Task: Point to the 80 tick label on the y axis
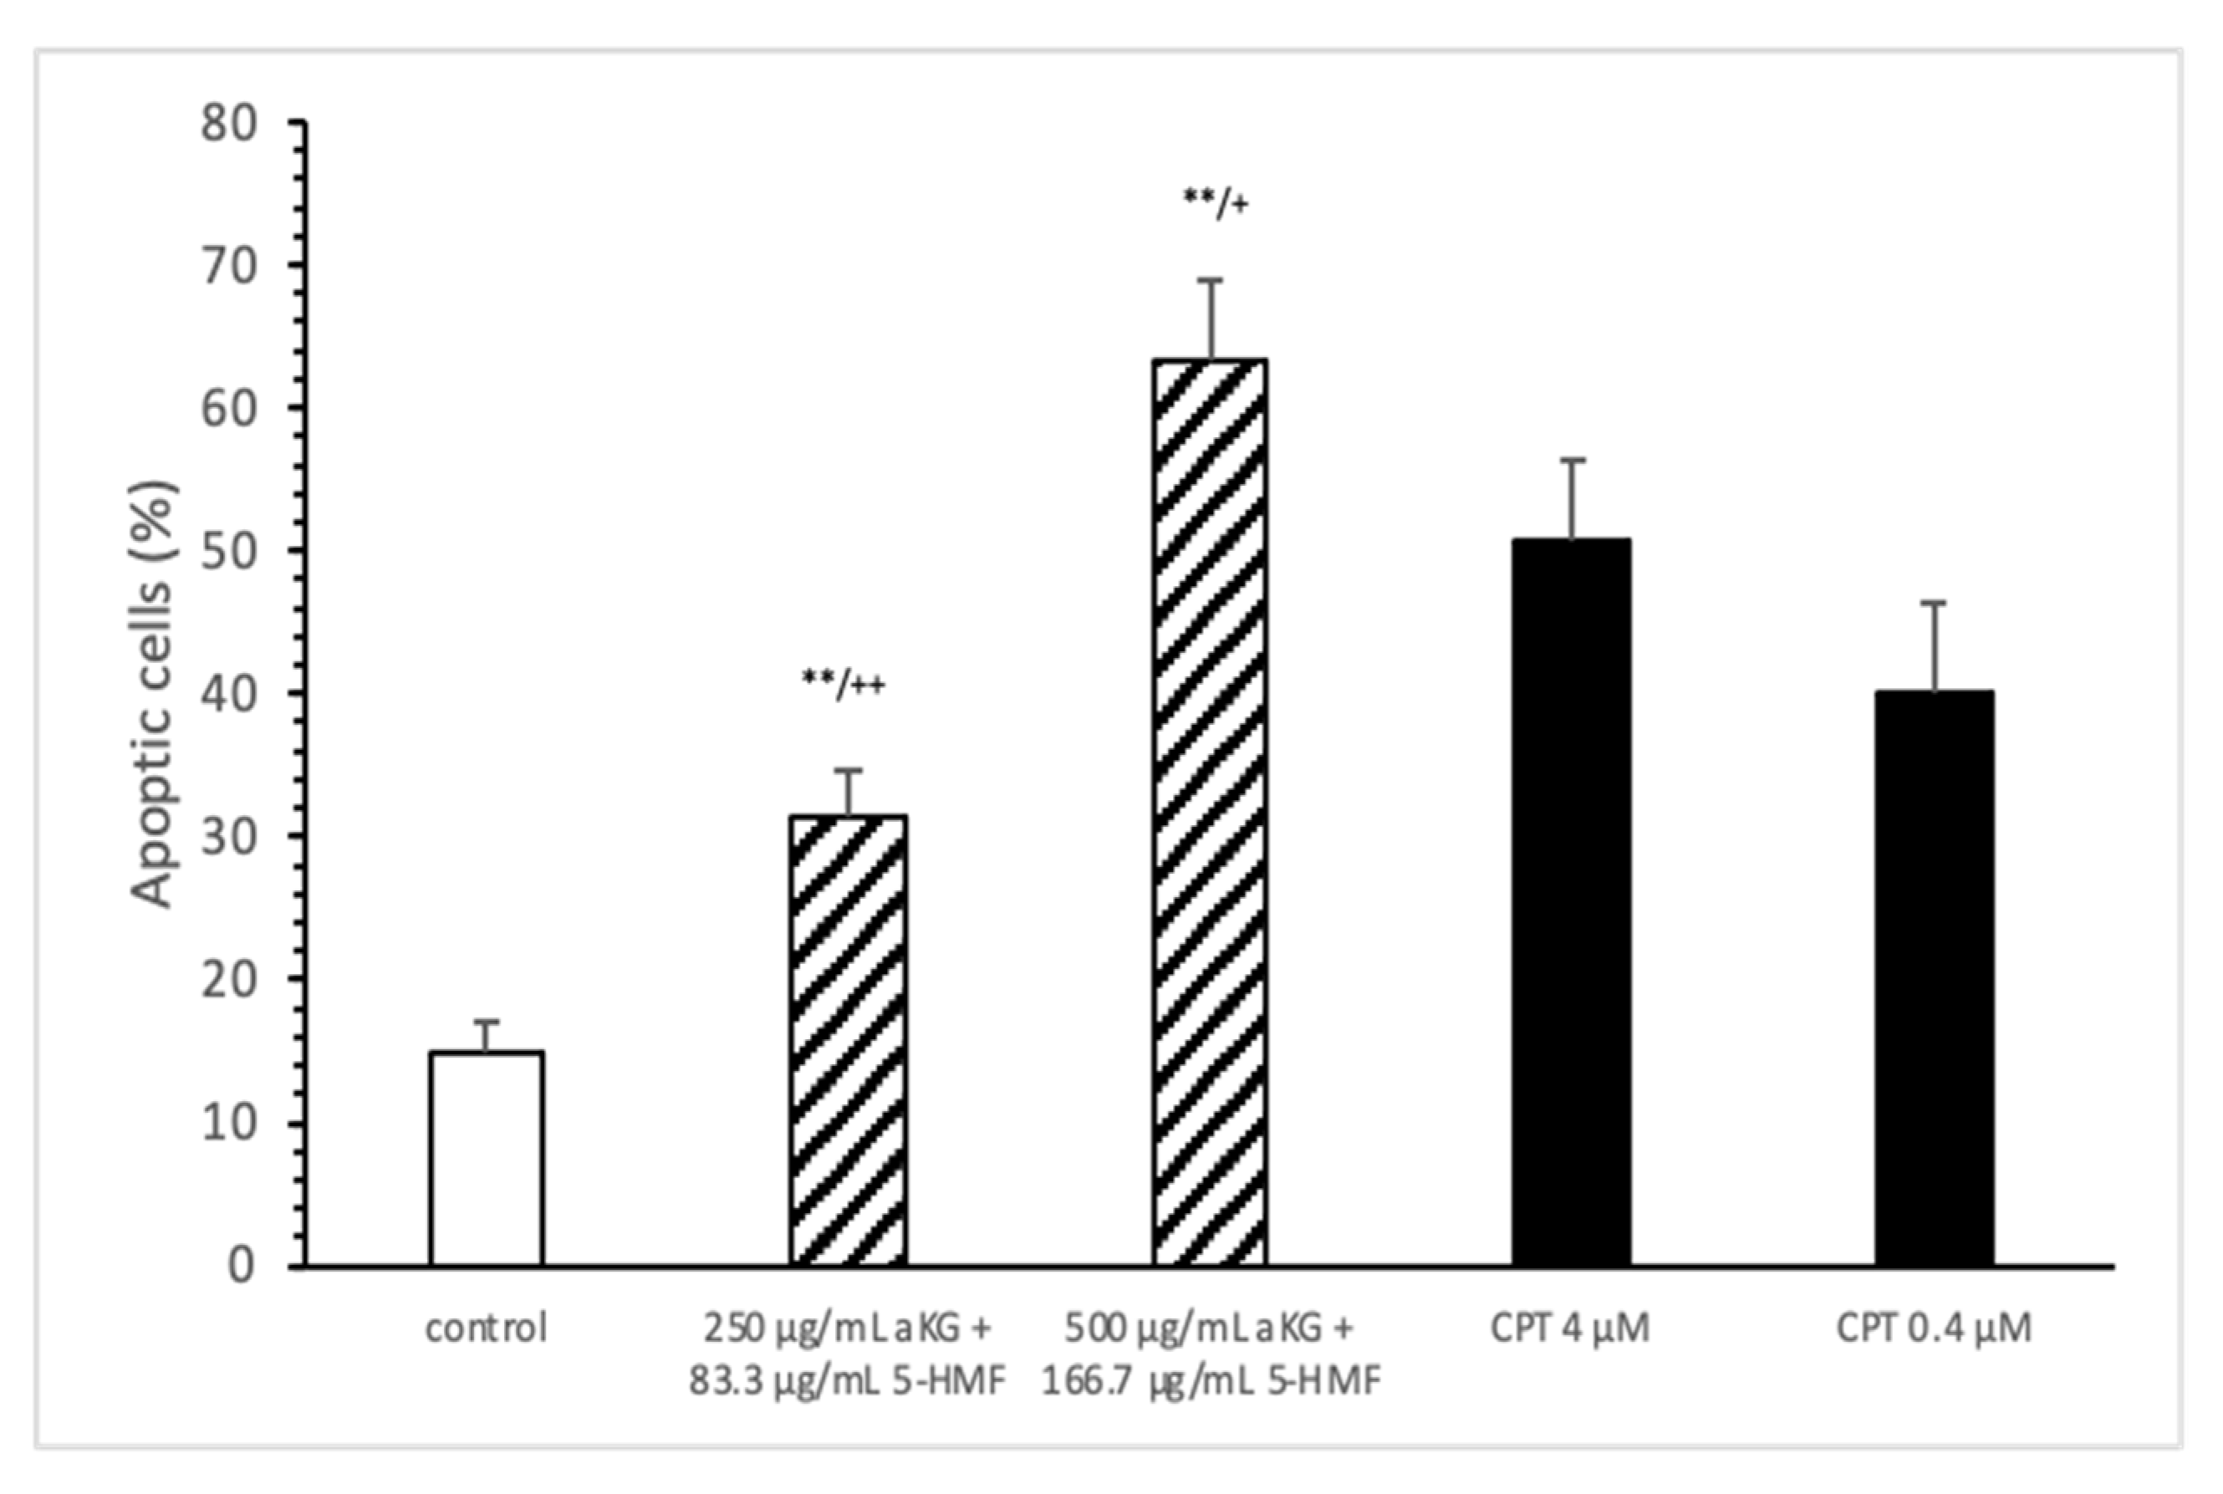pyautogui.click(x=229, y=124)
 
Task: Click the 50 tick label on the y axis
pyautogui.click(x=229, y=552)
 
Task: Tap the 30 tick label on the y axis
pyautogui.click(x=229, y=837)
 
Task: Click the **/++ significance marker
pyautogui.click(x=844, y=683)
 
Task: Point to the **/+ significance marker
pyautogui.click(x=1215, y=202)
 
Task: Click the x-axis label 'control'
pyautogui.click(x=486, y=1328)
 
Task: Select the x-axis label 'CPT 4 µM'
pyautogui.click(x=1569, y=1328)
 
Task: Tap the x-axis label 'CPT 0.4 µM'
pyautogui.click(x=1934, y=1328)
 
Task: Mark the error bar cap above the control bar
pyautogui.click(x=487, y=1022)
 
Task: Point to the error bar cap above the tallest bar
pyautogui.click(x=1210, y=280)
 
